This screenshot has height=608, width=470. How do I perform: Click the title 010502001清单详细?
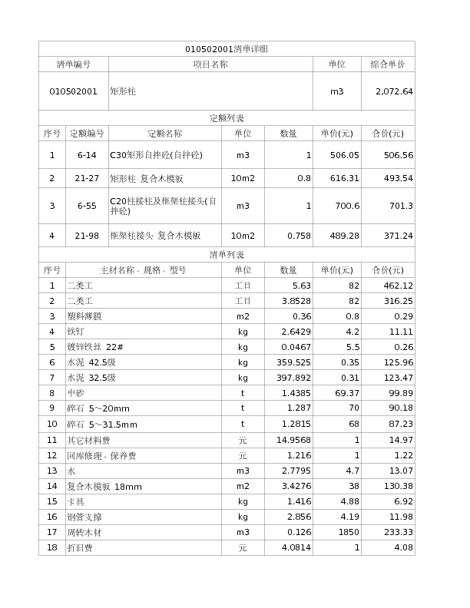[227, 49]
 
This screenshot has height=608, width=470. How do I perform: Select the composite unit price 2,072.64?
[394, 91]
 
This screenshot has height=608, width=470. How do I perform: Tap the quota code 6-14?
[87, 155]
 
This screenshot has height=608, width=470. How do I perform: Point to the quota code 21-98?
[87, 236]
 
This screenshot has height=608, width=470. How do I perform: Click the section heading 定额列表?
[227, 118]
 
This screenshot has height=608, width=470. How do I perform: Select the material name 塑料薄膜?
[84, 316]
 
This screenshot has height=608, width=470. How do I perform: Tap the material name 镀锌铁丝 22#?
[95, 347]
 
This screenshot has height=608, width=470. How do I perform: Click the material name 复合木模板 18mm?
[104, 486]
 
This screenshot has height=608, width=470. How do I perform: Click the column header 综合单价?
[388, 64]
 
